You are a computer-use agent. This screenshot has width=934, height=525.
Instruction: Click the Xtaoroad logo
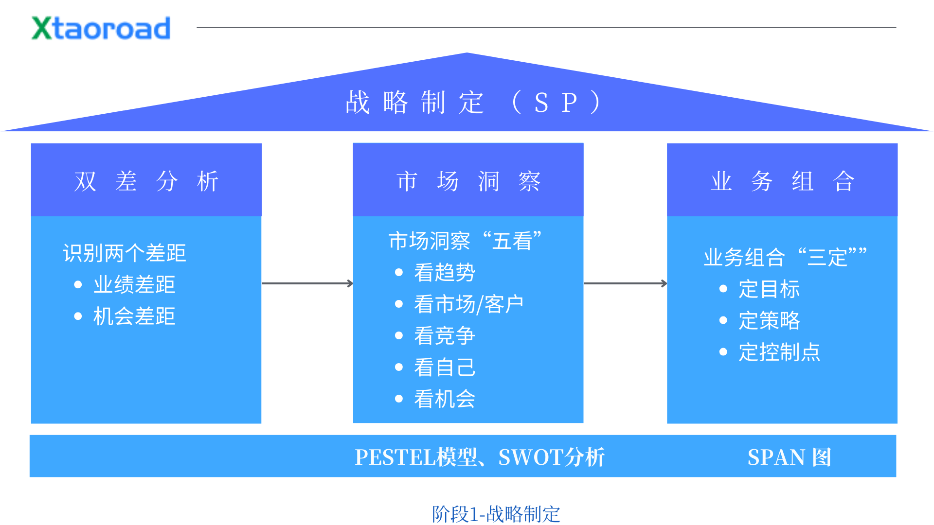(101, 28)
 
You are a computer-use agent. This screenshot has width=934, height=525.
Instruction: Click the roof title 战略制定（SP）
(472, 103)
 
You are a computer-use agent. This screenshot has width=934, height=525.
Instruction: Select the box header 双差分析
(146, 181)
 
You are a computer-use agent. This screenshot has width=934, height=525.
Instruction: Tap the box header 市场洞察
(468, 181)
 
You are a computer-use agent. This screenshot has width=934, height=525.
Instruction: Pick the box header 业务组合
(782, 181)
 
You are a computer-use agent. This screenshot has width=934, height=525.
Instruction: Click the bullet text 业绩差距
(134, 285)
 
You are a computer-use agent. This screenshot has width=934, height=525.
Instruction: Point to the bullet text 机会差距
(134, 316)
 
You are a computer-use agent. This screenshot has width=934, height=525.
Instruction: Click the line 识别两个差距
(125, 253)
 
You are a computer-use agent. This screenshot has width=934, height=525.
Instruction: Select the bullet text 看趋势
(445, 272)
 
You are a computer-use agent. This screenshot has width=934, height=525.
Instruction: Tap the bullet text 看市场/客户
(468, 304)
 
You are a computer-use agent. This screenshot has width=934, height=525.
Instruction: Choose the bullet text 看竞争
(445, 336)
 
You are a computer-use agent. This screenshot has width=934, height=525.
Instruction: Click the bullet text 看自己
(445, 367)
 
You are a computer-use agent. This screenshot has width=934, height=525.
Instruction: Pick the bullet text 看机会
(445, 399)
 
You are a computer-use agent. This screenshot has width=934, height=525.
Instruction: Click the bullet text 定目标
(769, 289)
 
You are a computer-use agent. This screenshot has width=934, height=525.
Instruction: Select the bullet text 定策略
(769, 321)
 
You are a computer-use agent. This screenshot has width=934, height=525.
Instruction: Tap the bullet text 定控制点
(779, 352)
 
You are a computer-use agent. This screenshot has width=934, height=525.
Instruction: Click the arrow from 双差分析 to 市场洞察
(307, 283)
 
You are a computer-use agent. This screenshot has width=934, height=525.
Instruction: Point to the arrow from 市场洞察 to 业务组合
(625, 283)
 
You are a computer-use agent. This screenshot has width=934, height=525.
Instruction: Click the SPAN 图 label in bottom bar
(789, 457)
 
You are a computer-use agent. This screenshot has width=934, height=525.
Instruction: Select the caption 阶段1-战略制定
(496, 514)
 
